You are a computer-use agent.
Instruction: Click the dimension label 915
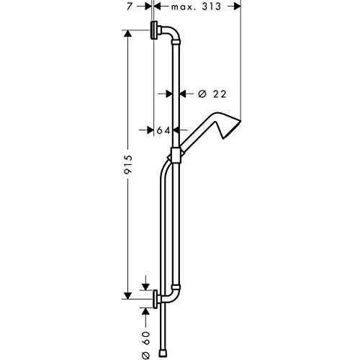(128, 164)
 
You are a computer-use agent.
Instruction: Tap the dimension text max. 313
(196, 6)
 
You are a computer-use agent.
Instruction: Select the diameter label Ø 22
(212, 94)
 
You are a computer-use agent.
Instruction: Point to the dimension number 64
(163, 130)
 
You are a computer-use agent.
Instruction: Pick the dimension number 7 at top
(130, 6)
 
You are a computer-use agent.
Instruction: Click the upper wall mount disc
(153, 30)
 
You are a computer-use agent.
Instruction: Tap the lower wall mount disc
(156, 299)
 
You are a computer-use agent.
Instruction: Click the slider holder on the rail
(176, 156)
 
